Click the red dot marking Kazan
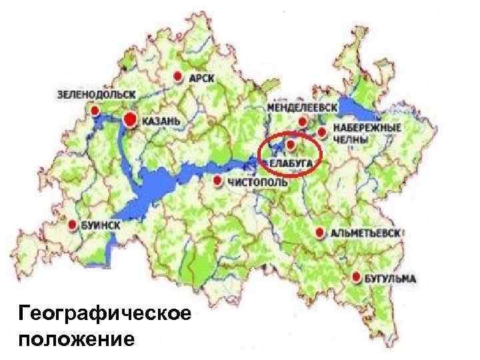(131, 119)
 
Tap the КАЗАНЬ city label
(160, 121)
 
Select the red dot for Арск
(177, 77)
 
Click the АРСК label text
(202, 78)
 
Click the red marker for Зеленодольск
(95, 109)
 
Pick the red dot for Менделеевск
(303, 121)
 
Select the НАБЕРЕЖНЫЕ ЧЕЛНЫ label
(357, 132)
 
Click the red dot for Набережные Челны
(322, 131)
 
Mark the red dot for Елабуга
(290, 143)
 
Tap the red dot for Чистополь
(218, 181)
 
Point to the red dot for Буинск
(73, 225)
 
